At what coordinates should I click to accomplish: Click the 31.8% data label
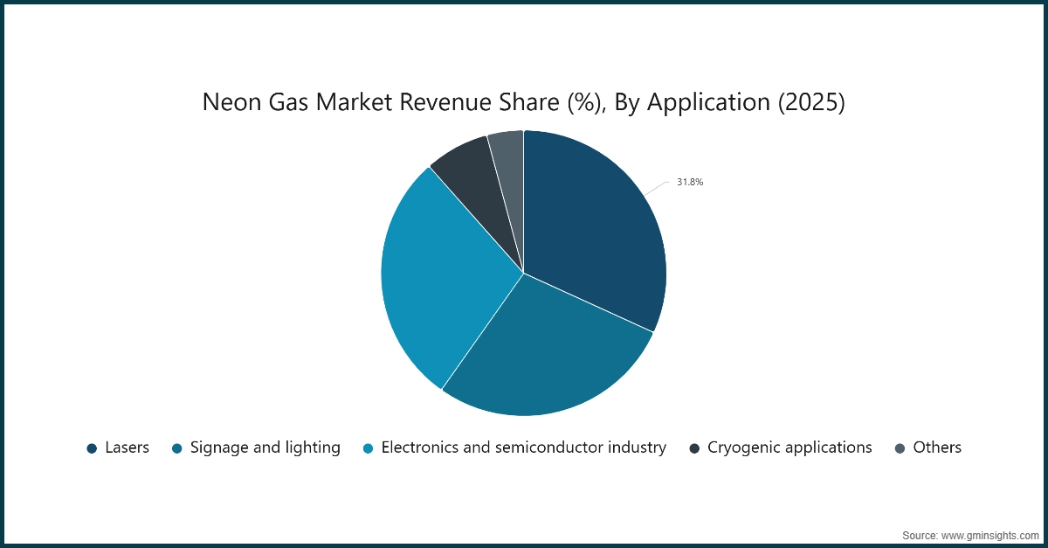(689, 183)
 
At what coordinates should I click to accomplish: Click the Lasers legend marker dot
(92, 448)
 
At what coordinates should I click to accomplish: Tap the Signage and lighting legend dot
(177, 448)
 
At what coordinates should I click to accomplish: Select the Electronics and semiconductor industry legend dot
(369, 448)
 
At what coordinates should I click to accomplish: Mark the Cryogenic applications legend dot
(694, 448)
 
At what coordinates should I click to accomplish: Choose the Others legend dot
(900, 448)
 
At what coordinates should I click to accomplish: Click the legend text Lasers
(127, 447)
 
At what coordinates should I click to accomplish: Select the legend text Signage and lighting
(265, 447)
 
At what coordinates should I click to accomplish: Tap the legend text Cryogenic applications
(789, 447)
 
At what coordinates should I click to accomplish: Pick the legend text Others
(937, 447)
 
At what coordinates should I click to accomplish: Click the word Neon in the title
(230, 103)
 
